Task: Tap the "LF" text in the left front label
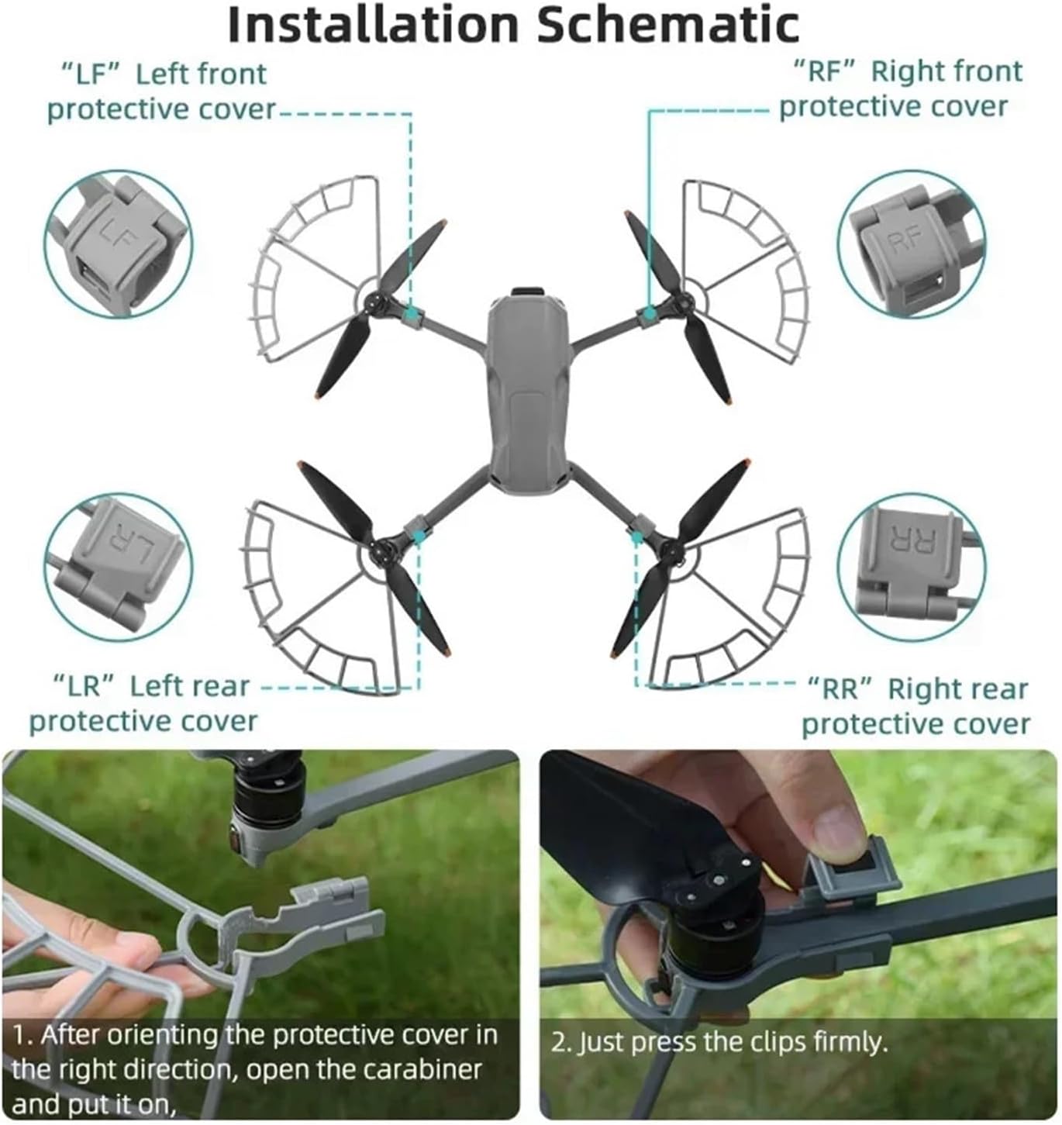(91, 74)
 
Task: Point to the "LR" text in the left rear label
(84, 687)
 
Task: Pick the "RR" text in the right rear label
(840, 689)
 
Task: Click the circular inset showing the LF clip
(119, 244)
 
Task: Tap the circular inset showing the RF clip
(912, 244)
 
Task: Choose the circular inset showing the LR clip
(119, 567)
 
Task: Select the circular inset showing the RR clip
(912, 567)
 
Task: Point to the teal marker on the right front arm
(651, 312)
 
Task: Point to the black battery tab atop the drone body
(528, 292)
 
